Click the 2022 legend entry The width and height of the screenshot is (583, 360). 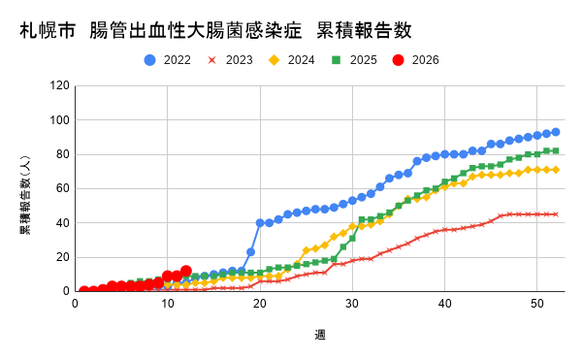[169, 60]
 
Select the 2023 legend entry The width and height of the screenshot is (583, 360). [231, 60]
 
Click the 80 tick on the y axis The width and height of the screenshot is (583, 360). [62, 154]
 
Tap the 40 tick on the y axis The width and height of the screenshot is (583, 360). [62, 222]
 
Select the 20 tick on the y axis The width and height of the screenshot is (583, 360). [62, 257]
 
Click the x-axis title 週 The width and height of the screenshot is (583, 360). [320, 335]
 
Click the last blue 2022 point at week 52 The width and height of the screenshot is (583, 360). [556, 132]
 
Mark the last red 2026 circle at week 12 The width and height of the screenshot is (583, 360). [186, 271]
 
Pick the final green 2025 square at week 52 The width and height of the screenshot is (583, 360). [556, 150]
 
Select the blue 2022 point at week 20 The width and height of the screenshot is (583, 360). [260, 222]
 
